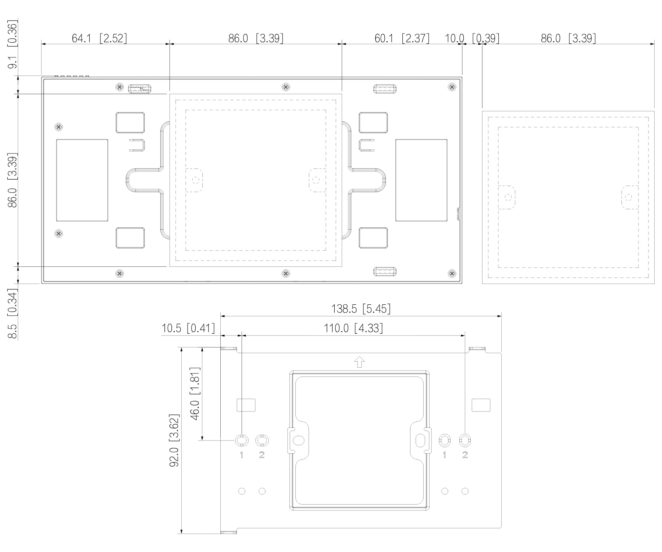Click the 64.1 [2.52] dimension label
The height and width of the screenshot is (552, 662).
[99, 38]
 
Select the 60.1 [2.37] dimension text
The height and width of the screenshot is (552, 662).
[402, 38]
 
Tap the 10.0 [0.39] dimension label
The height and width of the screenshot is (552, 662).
[472, 38]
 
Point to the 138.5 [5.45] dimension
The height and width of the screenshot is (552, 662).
[361, 308]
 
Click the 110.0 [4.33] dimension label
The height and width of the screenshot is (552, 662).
[353, 328]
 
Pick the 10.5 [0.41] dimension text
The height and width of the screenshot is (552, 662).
[188, 328]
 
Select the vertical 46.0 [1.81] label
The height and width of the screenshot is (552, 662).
[195, 393]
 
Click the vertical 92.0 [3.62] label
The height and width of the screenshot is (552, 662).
[174, 440]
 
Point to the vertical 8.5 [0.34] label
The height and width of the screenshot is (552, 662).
[13, 314]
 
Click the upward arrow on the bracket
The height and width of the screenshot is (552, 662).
[359, 362]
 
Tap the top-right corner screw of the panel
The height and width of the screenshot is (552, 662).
[452, 87]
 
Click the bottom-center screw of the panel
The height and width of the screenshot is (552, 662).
[286, 273]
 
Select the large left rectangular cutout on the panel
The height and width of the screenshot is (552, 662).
[82, 180]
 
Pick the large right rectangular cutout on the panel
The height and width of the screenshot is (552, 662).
[421, 180]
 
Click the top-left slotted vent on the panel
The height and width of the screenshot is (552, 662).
[139, 88]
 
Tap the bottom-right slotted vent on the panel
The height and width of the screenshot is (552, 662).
[385, 272]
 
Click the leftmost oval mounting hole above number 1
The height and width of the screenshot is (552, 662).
[242, 440]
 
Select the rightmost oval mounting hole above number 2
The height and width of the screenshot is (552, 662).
[465, 440]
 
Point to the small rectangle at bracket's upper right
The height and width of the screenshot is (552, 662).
[481, 405]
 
